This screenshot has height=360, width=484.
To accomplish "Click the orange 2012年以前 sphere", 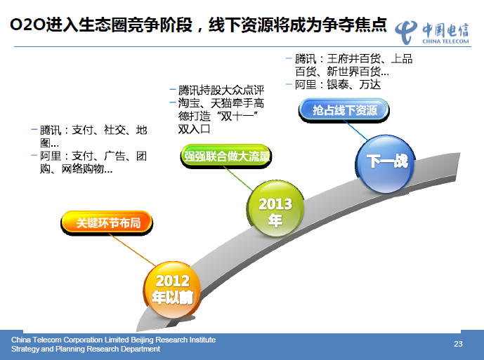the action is click(172, 291).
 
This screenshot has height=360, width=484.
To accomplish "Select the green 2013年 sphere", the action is click(275, 209).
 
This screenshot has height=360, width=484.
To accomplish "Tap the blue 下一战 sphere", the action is click(385, 164).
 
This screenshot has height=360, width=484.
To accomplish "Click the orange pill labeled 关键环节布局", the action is click(107, 222).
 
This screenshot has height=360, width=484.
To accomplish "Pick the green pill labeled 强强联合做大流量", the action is click(226, 156).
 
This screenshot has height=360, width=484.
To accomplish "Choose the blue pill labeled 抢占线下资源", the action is click(344, 110).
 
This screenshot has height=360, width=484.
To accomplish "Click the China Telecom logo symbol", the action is click(406, 32).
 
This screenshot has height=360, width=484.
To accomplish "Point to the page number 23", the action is click(458, 344).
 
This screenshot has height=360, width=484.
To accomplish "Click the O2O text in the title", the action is click(28, 25).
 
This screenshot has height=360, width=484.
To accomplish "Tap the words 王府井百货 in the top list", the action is click(354, 59).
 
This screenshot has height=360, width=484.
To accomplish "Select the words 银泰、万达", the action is click(354, 84).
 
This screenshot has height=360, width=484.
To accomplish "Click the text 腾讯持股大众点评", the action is click(221, 91).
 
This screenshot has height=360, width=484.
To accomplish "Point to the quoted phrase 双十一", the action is click(237, 116).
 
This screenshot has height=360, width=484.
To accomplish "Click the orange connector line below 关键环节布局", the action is click(133, 250).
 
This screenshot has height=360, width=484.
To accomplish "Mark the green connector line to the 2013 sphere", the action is click(239, 179).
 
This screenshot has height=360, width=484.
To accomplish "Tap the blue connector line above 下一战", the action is click(355, 131).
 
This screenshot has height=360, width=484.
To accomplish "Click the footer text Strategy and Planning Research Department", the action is click(86, 349).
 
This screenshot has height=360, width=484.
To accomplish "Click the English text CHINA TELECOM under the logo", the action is click(445, 41).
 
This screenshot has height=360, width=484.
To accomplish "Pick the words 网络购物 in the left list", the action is click(82, 169).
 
